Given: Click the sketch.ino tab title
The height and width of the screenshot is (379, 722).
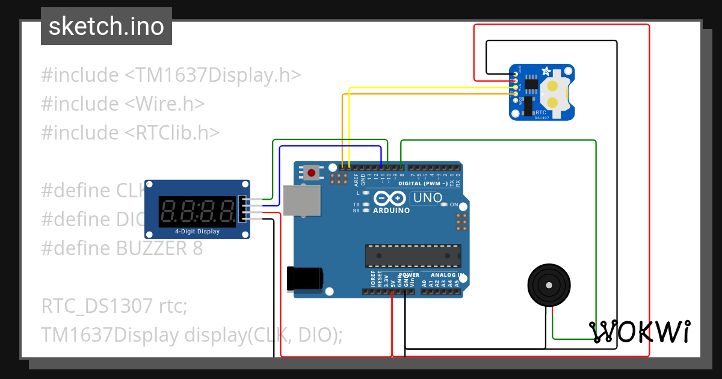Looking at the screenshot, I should pos(106,26).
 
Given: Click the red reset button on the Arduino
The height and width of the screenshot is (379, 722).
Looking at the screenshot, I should pos(311,173).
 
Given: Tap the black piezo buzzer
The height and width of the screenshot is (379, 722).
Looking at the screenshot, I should pos(549,285).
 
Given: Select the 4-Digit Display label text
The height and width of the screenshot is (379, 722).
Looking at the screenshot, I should pos(197,232).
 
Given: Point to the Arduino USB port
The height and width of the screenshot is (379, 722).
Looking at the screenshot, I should pos(303,200).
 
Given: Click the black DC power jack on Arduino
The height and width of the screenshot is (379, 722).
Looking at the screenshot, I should pos(305,277).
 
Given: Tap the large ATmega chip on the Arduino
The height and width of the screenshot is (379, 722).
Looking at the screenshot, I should pos(413,256).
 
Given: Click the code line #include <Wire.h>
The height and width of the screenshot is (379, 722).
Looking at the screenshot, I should pos(123,103).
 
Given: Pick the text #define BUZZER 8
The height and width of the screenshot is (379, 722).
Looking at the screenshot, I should pos(122,248).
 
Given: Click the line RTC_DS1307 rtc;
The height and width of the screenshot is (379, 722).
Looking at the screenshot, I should pos(115,306).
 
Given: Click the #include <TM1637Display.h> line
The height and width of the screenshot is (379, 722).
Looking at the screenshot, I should pos(171,75).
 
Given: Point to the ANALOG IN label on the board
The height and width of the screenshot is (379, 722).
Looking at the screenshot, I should pos(446,275).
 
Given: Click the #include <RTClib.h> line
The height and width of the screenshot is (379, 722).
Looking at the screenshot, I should pos(130,132).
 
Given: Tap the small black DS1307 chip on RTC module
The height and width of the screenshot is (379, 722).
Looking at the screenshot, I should pos(532,85).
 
